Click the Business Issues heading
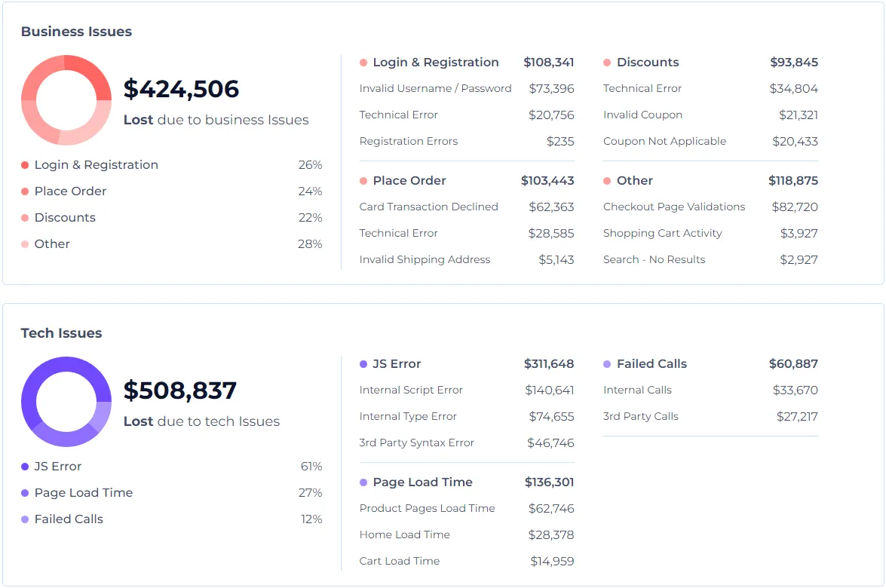coord(76,32)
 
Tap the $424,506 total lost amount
coord(181,89)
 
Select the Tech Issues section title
coord(61,333)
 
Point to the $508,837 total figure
coord(180,390)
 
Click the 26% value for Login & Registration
coord(310,165)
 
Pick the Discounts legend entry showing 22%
coord(65,218)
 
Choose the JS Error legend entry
coord(57,467)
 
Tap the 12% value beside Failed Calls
coord(311,519)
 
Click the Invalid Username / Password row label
coord(435,88)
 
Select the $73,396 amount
coord(551,88)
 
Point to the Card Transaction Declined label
coord(428,207)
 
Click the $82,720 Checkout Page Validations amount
coord(795,207)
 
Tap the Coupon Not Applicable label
coord(664,141)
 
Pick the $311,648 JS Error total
coord(549,364)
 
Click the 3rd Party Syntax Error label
coord(416,443)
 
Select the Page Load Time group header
coord(422,482)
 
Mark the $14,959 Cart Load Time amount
coord(552,561)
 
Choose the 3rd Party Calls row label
coord(640,416)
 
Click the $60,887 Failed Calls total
coord(793,364)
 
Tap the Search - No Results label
coord(654,259)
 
